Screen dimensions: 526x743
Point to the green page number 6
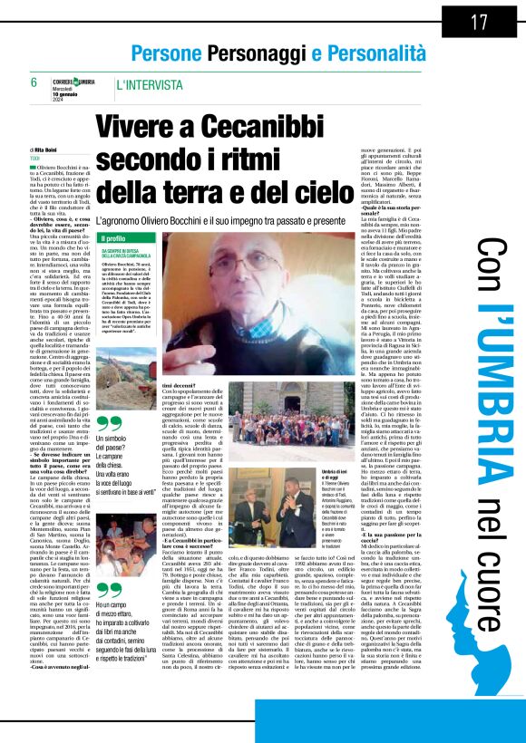click(34, 82)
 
